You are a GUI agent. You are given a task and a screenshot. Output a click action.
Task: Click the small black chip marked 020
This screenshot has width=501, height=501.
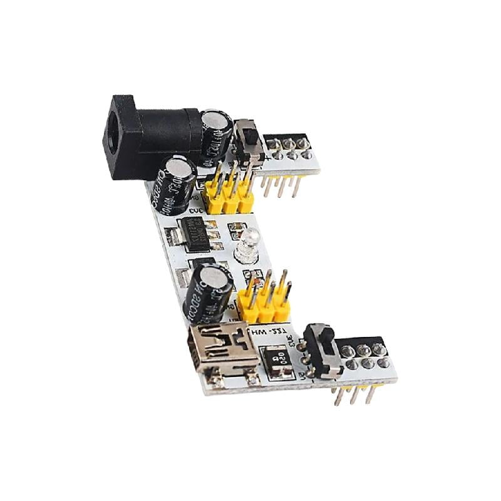coord(276,362)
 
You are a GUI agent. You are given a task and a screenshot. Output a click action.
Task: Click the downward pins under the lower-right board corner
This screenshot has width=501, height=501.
coord(354,395)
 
